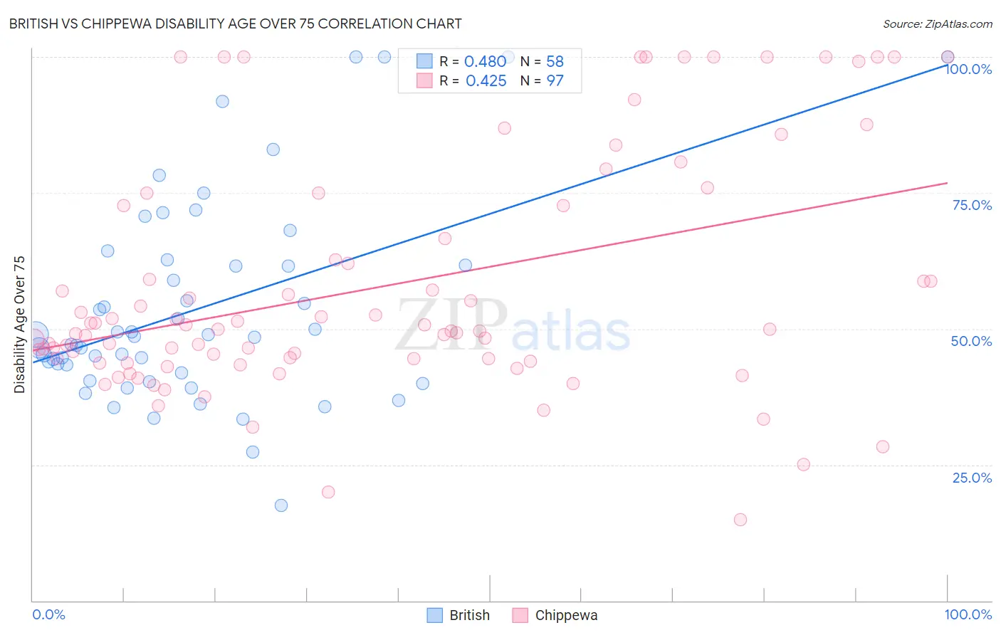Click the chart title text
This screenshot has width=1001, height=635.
point(235,23)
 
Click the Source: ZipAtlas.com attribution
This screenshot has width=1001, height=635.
point(937,23)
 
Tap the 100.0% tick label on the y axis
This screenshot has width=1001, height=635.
point(968,69)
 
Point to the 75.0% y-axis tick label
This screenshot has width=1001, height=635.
point(972,205)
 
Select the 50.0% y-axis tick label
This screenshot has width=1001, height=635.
point(971,341)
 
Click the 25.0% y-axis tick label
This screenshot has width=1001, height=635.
point(972,477)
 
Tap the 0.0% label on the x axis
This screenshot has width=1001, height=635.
point(48,614)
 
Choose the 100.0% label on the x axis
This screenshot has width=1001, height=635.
point(968,614)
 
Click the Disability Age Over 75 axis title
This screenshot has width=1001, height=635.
point(20,324)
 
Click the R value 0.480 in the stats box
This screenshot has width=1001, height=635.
point(485,61)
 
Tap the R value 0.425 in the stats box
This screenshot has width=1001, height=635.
point(486,80)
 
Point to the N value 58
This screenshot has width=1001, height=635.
point(555,61)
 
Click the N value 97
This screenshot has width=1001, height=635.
point(555,80)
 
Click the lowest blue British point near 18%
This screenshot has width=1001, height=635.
point(281,505)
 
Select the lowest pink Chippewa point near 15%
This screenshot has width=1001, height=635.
point(740,520)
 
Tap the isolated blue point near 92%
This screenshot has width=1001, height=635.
point(222,101)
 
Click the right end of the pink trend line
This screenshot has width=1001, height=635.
point(947,183)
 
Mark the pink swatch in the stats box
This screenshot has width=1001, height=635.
point(424,80)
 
